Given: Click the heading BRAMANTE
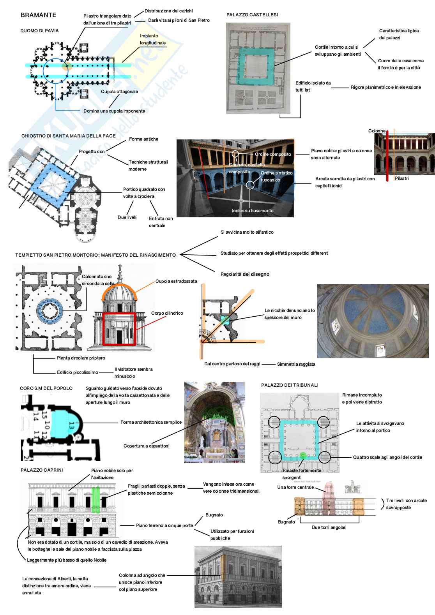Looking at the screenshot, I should tap(38, 15).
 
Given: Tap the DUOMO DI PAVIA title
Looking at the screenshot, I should tap(39, 31).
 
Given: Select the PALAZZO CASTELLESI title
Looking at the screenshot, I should tap(252, 15).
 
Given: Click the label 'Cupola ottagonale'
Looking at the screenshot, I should tap(119, 92).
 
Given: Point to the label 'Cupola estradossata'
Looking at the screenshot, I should tap(176, 281).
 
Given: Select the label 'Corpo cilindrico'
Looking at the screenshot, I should tap(167, 313).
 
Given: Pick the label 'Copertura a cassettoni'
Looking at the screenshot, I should tap(147, 446).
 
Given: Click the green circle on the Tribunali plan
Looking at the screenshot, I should tap(303, 455).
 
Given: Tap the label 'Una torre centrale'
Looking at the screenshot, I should tap(295, 487).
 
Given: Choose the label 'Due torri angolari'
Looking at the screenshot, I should tap(329, 527).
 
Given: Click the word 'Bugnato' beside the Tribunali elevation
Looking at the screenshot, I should tap(286, 522).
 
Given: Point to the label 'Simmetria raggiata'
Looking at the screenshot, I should tap(296, 364).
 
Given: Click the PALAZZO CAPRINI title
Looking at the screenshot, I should tap(42, 470).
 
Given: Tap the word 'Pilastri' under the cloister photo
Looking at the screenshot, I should tap(401, 178).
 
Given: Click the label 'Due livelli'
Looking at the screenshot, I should tap(127, 217).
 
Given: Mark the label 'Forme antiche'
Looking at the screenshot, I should tap(143, 139).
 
